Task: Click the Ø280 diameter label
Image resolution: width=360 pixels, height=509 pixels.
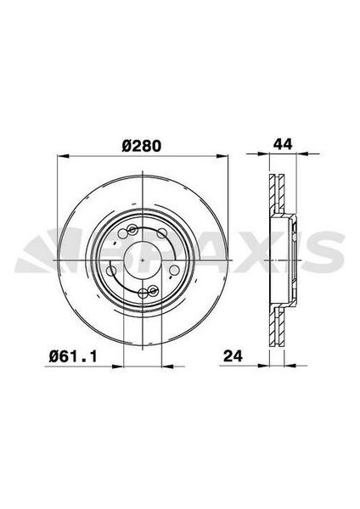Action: [x=142, y=146]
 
